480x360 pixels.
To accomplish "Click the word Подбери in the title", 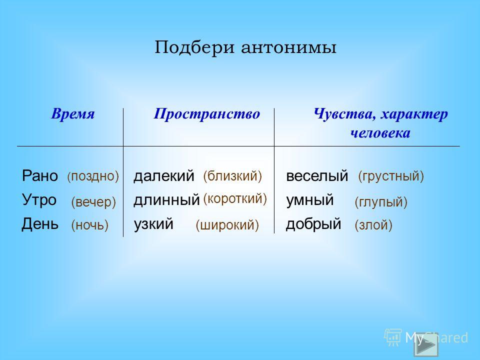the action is tap(194, 47).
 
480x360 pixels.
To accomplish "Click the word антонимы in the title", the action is tap(288, 48).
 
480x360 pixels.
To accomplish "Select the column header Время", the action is tap(73, 113).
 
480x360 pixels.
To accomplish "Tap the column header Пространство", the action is tap(206, 114).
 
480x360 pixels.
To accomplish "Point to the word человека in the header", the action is tap(380, 133).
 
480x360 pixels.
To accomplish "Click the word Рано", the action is tap(40, 175).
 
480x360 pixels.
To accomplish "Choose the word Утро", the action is tap(39, 200).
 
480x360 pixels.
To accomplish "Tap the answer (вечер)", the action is tap(93, 202).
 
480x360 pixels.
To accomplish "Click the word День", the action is tap(40, 224).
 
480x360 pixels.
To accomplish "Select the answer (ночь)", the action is tap(89, 225).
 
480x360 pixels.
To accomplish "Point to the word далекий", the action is tap(164, 176).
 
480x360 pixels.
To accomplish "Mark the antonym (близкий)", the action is tap(232, 176).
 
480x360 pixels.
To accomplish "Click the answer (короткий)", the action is tap(235, 199).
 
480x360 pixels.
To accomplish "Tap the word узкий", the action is tap(153, 224).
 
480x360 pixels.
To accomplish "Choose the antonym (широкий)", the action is tap(227, 225).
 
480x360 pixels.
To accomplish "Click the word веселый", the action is tap(317, 176).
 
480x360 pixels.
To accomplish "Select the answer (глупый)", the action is tap(381, 202).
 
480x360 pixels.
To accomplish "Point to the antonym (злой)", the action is tap(373, 225).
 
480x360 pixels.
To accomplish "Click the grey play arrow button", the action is tap(426, 344).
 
